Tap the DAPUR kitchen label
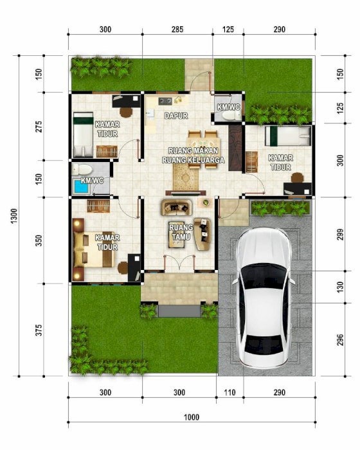[176, 116]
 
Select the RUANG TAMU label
[181, 232]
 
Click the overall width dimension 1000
[192, 417]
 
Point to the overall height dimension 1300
[14, 216]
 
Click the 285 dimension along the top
[177, 30]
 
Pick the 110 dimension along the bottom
[230, 392]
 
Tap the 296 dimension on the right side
[340, 339]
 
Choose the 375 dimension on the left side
[39, 330]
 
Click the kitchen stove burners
[165, 101]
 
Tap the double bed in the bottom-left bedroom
[94, 249]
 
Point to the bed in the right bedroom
[287, 136]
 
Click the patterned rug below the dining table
[185, 178]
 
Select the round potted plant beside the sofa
[206, 203]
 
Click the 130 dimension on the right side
[340, 287]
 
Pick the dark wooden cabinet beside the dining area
[235, 148]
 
